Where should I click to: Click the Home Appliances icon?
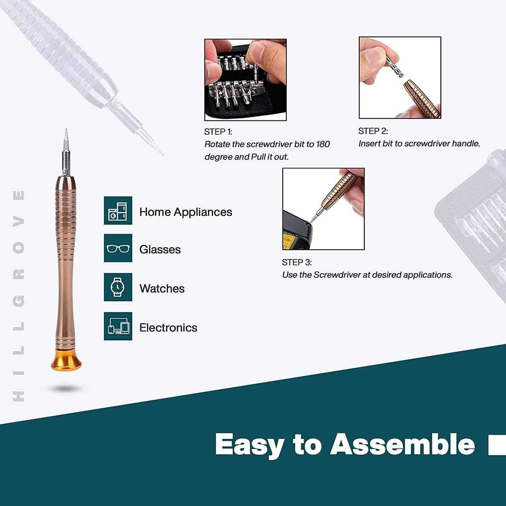118,210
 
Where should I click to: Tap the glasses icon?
118,248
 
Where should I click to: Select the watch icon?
118,287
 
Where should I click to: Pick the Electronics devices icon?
118,326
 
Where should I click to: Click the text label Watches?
162,288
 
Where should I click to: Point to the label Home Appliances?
186,212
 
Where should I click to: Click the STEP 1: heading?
218,132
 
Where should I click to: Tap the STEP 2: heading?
373,131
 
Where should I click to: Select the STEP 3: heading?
297,262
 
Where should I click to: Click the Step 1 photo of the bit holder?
246,80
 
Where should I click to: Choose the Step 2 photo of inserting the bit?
400,78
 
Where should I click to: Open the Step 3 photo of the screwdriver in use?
324,209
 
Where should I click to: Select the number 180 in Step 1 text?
323,144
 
